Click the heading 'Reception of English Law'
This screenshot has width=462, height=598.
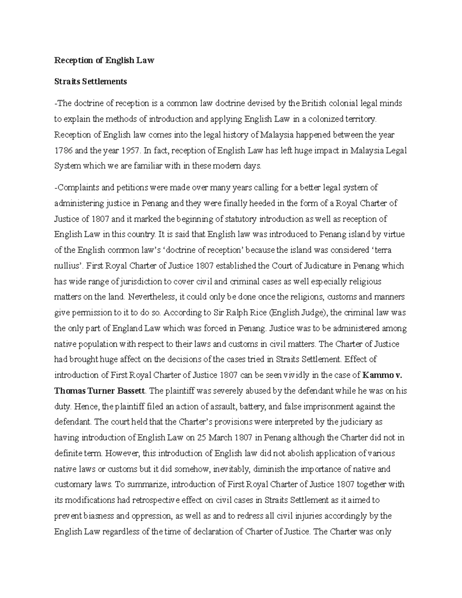coord(104,60)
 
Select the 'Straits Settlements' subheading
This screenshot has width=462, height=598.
coord(90,82)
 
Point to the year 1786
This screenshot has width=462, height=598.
coord(62,151)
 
